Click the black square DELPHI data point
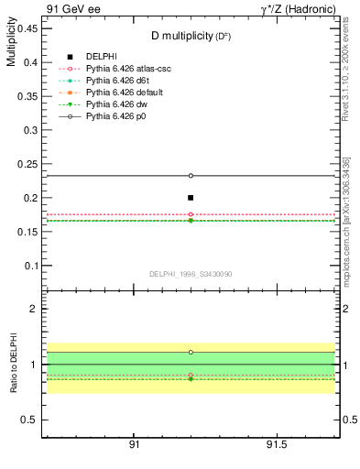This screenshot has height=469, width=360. (191, 197)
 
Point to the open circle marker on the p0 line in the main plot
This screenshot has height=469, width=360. (191, 175)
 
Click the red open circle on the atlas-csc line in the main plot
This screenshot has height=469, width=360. (191, 214)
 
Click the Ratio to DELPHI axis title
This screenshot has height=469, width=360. (11, 365)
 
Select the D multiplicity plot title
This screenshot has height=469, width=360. (191, 36)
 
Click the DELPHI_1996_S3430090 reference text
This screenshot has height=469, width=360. (191, 273)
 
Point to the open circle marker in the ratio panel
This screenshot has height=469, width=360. (191, 352)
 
